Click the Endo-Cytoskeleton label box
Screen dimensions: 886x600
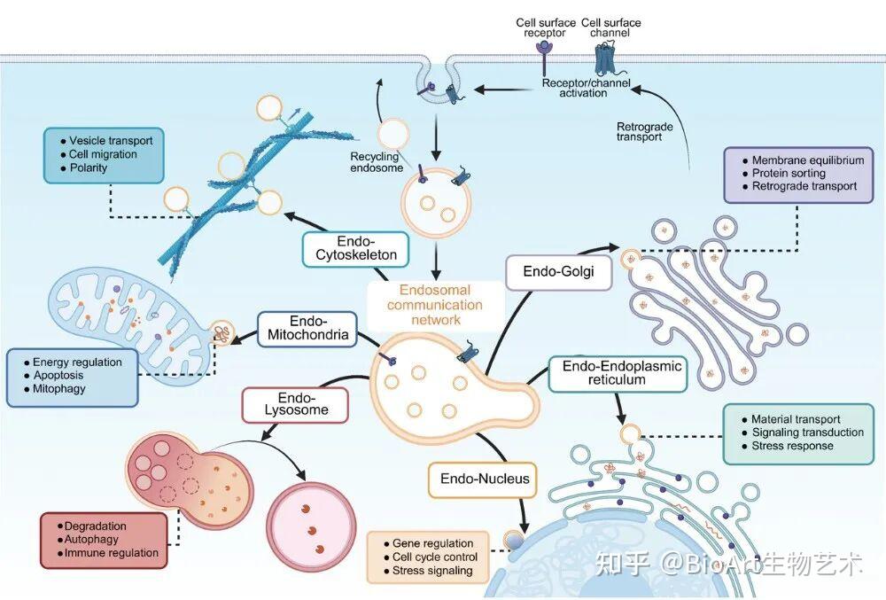(x=355, y=248)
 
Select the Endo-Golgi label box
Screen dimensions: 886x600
(x=558, y=272)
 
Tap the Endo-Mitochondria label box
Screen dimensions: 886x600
(x=308, y=328)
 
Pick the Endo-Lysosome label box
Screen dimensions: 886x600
(x=296, y=404)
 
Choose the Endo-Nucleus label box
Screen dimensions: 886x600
(x=485, y=479)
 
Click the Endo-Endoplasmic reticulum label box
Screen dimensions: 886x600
(x=618, y=373)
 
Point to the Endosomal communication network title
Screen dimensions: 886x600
(x=435, y=305)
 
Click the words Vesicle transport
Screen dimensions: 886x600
(x=111, y=141)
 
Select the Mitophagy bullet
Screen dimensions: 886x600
(x=58, y=389)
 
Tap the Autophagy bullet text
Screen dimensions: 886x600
(x=91, y=540)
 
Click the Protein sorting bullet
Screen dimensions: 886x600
(x=789, y=174)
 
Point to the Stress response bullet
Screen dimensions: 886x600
(x=792, y=446)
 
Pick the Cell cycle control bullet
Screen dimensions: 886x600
(x=434, y=557)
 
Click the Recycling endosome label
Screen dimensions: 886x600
(x=377, y=162)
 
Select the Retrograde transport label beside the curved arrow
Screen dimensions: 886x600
(x=644, y=132)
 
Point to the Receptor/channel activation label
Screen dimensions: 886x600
(x=586, y=88)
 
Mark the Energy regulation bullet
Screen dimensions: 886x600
(x=77, y=362)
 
